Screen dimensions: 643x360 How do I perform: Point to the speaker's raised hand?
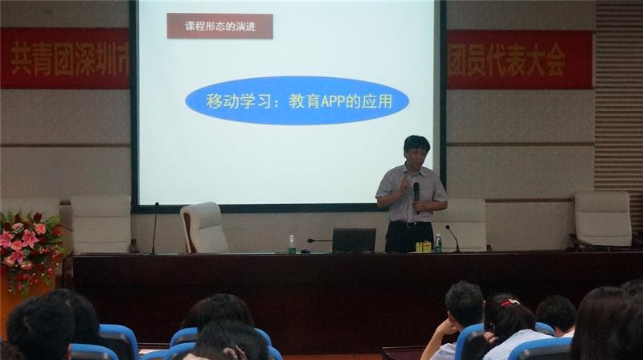[404, 186]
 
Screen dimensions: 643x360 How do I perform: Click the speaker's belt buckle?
[410, 224]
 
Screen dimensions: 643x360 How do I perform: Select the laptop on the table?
[354, 239]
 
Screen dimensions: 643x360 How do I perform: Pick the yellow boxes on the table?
[424, 247]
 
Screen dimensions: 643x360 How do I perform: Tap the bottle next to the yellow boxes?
[438, 243]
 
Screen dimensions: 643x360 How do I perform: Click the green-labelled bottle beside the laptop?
[292, 244]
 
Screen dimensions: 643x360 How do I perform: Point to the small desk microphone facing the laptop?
[319, 241]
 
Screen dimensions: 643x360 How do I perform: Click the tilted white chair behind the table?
[204, 227]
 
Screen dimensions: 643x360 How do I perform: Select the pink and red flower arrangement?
[29, 248]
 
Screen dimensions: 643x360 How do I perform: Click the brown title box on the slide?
[219, 27]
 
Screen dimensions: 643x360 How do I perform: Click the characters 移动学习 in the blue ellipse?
[239, 101]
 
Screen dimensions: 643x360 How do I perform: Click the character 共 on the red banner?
[21, 59]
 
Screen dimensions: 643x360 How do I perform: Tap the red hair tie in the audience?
[510, 303]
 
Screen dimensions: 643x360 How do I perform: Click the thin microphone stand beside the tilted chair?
[155, 227]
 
